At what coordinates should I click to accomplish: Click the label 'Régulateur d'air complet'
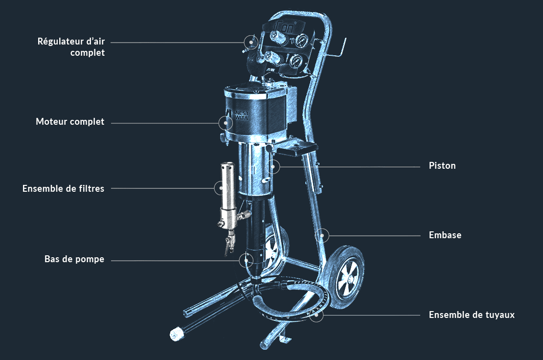click(71, 47)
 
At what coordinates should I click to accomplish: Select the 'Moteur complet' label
click(70, 122)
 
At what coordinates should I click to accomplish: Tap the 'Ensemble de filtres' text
click(64, 189)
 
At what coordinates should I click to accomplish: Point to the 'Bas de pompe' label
click(74, 259)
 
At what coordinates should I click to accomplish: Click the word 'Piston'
click(442, 166)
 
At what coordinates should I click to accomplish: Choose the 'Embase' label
click(445, 235)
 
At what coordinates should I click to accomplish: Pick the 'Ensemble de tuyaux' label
click(472, 315)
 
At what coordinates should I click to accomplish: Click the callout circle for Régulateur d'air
click(251, 42)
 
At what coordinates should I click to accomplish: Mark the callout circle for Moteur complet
click(226, 123)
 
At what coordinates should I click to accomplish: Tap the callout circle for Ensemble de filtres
click(222, 188)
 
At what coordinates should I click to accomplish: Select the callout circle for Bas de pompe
click(246, 260)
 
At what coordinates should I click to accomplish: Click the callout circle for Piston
click(273, 167)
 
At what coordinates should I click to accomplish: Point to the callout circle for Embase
click(322, 235)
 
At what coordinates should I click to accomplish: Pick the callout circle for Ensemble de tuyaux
click(316, 315)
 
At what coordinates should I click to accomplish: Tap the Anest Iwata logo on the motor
click(237, 114)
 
